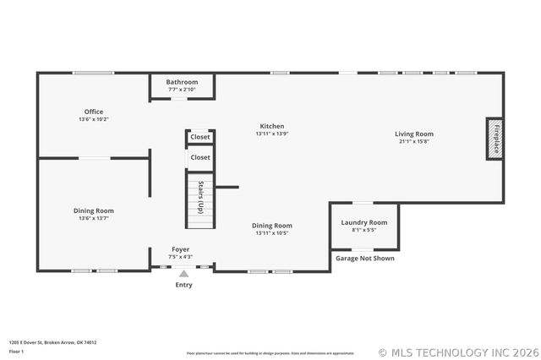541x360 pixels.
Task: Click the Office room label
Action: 93,112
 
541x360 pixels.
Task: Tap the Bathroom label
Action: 182,82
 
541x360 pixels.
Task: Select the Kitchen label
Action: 271,126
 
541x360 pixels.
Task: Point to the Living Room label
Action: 413,134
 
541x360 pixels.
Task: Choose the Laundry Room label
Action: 363,222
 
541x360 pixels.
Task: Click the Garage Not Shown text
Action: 364,259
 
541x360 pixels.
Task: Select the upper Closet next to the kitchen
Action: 200,137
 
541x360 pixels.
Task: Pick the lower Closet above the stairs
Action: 200,157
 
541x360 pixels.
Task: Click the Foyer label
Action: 181,249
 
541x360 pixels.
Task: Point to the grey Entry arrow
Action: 183,274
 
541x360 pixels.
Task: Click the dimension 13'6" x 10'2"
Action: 93,119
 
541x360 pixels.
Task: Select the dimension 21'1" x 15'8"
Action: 413,141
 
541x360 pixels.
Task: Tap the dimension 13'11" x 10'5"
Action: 272,233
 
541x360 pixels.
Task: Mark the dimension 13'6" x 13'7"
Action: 93,218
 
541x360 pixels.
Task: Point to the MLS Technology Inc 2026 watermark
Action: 455,352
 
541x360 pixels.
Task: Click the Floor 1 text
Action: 17,351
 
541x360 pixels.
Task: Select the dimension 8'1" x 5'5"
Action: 363,230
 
